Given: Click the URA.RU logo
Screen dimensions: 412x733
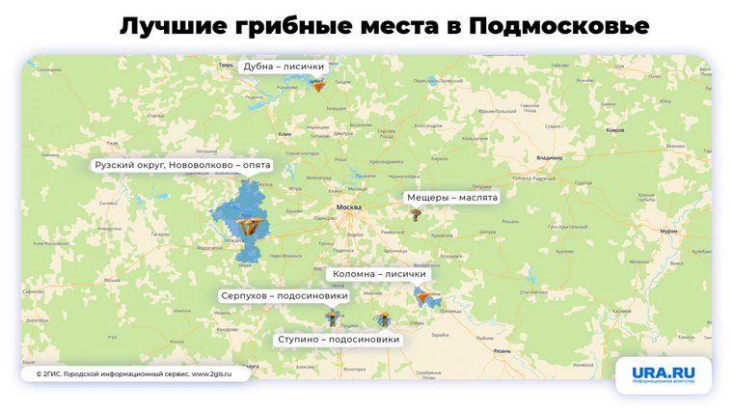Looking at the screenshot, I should coord(664,374).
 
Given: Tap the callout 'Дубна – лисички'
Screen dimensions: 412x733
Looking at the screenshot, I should coord(284,67).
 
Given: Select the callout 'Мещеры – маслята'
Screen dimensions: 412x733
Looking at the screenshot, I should coord(452,197).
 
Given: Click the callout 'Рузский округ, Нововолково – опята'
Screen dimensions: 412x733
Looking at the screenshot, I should coord(182,165).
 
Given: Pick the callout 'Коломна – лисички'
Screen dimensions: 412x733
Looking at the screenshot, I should coord(379,274).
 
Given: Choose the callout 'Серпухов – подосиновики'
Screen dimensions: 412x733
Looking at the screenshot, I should coord(285,295).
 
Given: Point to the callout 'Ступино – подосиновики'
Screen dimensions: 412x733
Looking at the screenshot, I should coord(339,340).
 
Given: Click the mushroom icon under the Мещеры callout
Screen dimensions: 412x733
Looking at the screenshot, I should coord(416,214).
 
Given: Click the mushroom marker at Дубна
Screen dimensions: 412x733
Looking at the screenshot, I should coord(318,85).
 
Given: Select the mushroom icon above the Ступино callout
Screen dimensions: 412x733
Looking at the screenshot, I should coord(383,318).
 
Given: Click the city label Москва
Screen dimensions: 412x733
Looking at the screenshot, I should coord(348,207).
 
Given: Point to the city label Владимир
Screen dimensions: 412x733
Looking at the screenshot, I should coord(549,157).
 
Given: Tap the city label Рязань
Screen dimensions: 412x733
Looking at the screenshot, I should coord(502,351).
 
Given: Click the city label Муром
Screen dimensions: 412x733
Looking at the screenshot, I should coord(668,231).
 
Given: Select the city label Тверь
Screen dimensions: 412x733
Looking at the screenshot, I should coord(227,65).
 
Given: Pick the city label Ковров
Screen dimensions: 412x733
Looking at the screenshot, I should coord(614,129).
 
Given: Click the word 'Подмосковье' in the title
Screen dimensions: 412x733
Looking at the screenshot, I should coord(559,25).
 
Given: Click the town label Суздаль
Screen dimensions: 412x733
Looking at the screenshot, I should coord(553,125).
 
